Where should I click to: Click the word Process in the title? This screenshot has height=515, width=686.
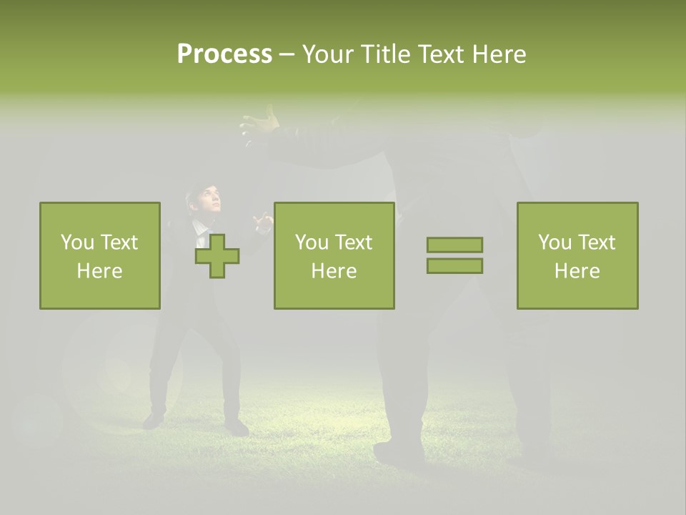224,54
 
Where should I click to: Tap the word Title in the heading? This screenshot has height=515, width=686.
383,54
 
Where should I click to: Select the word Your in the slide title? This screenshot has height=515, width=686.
327,54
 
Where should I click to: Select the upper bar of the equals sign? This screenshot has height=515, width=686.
454,245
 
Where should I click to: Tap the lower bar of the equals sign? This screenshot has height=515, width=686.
454,265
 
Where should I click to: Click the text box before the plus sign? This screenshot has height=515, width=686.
100,255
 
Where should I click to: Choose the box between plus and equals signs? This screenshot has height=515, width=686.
334,255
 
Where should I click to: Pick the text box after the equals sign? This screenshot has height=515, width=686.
577,255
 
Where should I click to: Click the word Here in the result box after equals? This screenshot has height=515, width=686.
577,271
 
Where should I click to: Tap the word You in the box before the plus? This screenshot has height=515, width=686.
77,242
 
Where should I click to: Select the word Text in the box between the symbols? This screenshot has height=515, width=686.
354,242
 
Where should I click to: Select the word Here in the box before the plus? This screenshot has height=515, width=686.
100,271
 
